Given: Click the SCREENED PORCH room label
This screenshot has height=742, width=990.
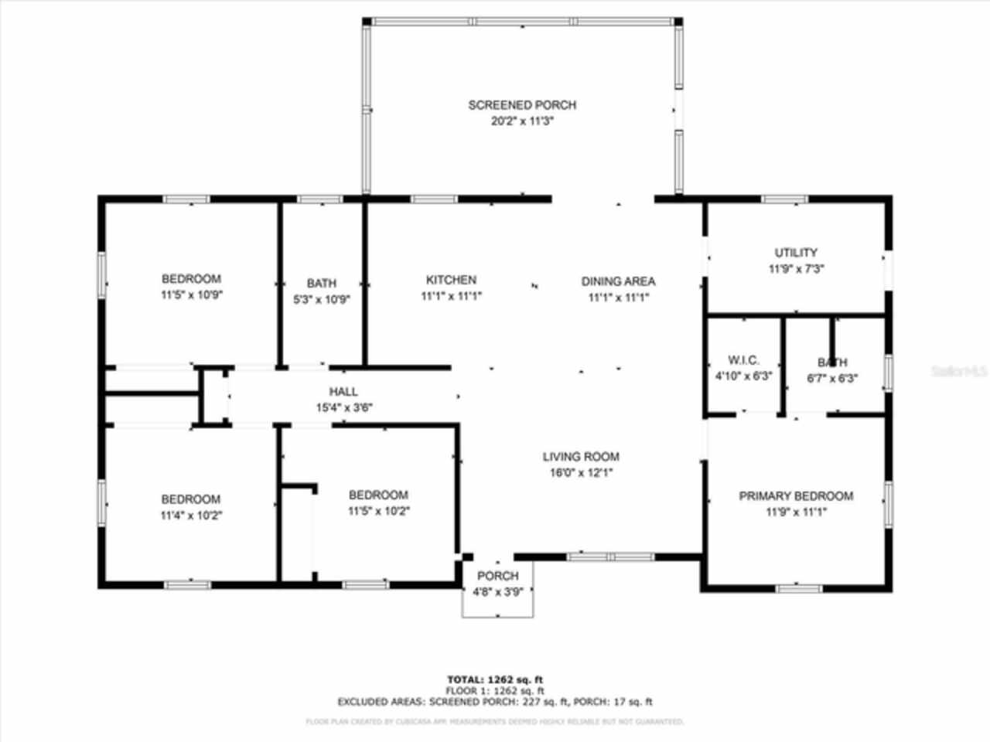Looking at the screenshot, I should (x=522, y=105).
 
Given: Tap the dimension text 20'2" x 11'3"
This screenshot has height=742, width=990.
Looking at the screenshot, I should (x=522, y=121).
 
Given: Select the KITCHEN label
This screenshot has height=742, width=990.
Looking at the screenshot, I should (x=451, y=280).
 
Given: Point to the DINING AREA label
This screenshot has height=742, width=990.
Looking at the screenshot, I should (x=618, y=281).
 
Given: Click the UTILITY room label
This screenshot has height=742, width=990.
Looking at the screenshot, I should (x=796, y=253).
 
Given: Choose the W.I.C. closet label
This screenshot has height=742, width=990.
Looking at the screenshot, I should (x=743, y=360).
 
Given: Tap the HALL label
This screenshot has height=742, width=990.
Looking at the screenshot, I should (x=343, y=392).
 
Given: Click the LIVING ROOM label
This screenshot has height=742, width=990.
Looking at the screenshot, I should (x=581, y=457).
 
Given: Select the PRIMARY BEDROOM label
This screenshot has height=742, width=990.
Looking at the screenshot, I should (x=796, y=496).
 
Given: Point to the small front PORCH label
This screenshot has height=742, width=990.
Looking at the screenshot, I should (x=497, y=576).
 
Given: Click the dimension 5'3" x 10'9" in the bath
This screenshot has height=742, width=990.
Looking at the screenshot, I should (x=322, y=300).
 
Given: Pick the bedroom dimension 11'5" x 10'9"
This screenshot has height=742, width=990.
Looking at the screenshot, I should (x=192, y=295).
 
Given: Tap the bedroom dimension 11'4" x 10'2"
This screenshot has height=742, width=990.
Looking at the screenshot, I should (x=191, y=516).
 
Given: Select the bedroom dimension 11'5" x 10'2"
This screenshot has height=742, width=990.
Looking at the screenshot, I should (x=378, y=511).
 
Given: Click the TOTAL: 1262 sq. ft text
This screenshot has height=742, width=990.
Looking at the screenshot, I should (x=495, y=679).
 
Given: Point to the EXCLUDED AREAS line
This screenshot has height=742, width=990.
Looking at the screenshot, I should (x=495, y=702).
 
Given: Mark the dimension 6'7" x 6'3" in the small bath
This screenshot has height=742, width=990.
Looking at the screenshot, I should (x=832, y=379).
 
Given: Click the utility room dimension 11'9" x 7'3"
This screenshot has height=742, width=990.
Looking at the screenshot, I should (x=796, y=269).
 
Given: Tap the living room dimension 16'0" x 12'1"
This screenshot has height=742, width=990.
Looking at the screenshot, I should (x=581, y=473).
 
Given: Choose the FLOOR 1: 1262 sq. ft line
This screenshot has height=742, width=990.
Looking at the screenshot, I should (x=495, y=690).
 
